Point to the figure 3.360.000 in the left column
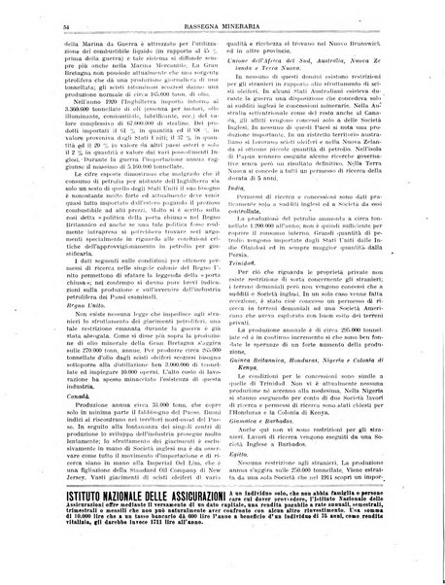[55, 107]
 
